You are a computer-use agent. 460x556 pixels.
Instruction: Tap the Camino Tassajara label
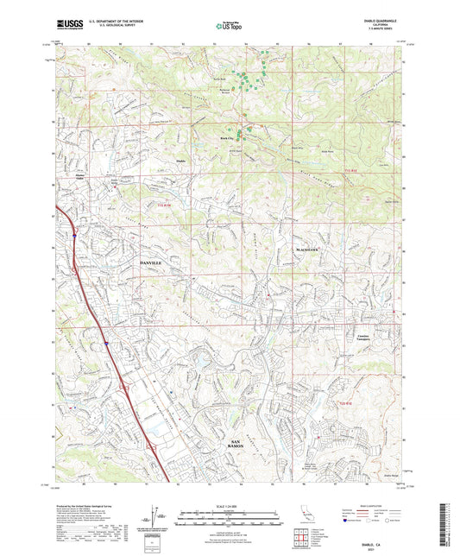pos(357,338)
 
